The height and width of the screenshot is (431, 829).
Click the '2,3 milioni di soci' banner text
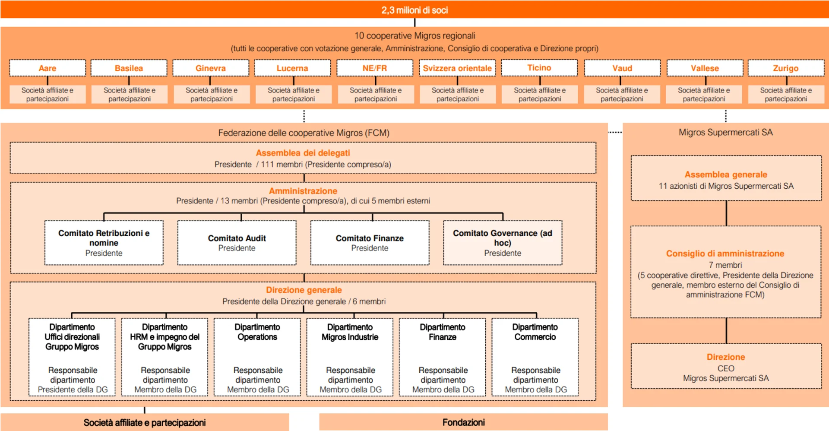[x=414, y=10]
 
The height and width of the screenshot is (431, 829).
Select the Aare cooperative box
[x=47, y=68]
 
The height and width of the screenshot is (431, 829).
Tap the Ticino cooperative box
[x=539, y=68]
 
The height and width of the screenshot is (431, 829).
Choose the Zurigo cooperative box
[x=786, y=68]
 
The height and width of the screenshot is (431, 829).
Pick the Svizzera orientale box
[x=457, y=68]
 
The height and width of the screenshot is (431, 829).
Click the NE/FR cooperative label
[x=375, y=68]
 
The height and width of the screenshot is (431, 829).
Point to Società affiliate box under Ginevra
[x=212, y=95]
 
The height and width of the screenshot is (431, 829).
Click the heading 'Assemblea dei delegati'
[x=303, y=153]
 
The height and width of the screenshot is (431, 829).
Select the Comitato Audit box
[x=237, y=243]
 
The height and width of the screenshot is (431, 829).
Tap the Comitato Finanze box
[x=370, y=243]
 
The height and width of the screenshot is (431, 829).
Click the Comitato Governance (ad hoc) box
[x=503, y=243]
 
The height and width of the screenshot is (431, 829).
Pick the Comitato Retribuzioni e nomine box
[x=104, y=243]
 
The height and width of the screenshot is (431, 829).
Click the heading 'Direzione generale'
[x=304, y=290]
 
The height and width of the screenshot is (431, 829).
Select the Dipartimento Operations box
[x=257, y=357]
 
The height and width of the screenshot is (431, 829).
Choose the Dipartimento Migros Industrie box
[x=350, y=357]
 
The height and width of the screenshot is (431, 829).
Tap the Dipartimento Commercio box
[x=535, y=357]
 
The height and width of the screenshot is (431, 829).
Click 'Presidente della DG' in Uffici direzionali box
[x=73, y=390]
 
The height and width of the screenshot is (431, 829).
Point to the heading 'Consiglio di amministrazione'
[x=725, y=254]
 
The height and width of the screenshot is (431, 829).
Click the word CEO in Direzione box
[x=726, y=368]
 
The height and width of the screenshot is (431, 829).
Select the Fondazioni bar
[x=463, y=422]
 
